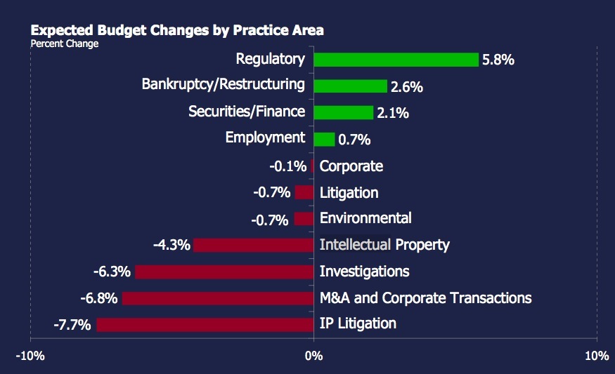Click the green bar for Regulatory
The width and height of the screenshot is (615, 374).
(396, 60)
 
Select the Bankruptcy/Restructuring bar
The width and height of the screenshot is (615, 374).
(350, 86)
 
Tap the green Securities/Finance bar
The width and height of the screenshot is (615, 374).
(343, 112)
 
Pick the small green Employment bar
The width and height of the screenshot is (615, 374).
(324, 139)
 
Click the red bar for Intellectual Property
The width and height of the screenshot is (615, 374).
(253, 245)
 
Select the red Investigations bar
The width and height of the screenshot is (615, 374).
(224, 272)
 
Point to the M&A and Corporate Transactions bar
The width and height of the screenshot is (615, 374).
(217, 298)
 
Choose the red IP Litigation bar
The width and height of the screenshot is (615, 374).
(205, 324)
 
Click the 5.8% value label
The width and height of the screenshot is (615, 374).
(498, 60)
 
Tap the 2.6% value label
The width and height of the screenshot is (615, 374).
(406, 87)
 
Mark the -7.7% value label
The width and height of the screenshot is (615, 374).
(72, 325)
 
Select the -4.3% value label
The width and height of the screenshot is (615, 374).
(171, 246)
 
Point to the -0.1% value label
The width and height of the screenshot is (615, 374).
(288, 167)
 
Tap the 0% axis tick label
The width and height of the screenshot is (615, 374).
(313, 356)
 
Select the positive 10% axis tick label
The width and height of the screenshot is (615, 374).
(596, 356)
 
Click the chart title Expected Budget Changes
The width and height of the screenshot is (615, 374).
(176, 31)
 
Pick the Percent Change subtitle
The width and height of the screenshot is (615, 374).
(65, 44)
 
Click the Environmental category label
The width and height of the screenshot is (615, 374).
(365, 218)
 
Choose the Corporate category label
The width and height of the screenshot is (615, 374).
(351, 166)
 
